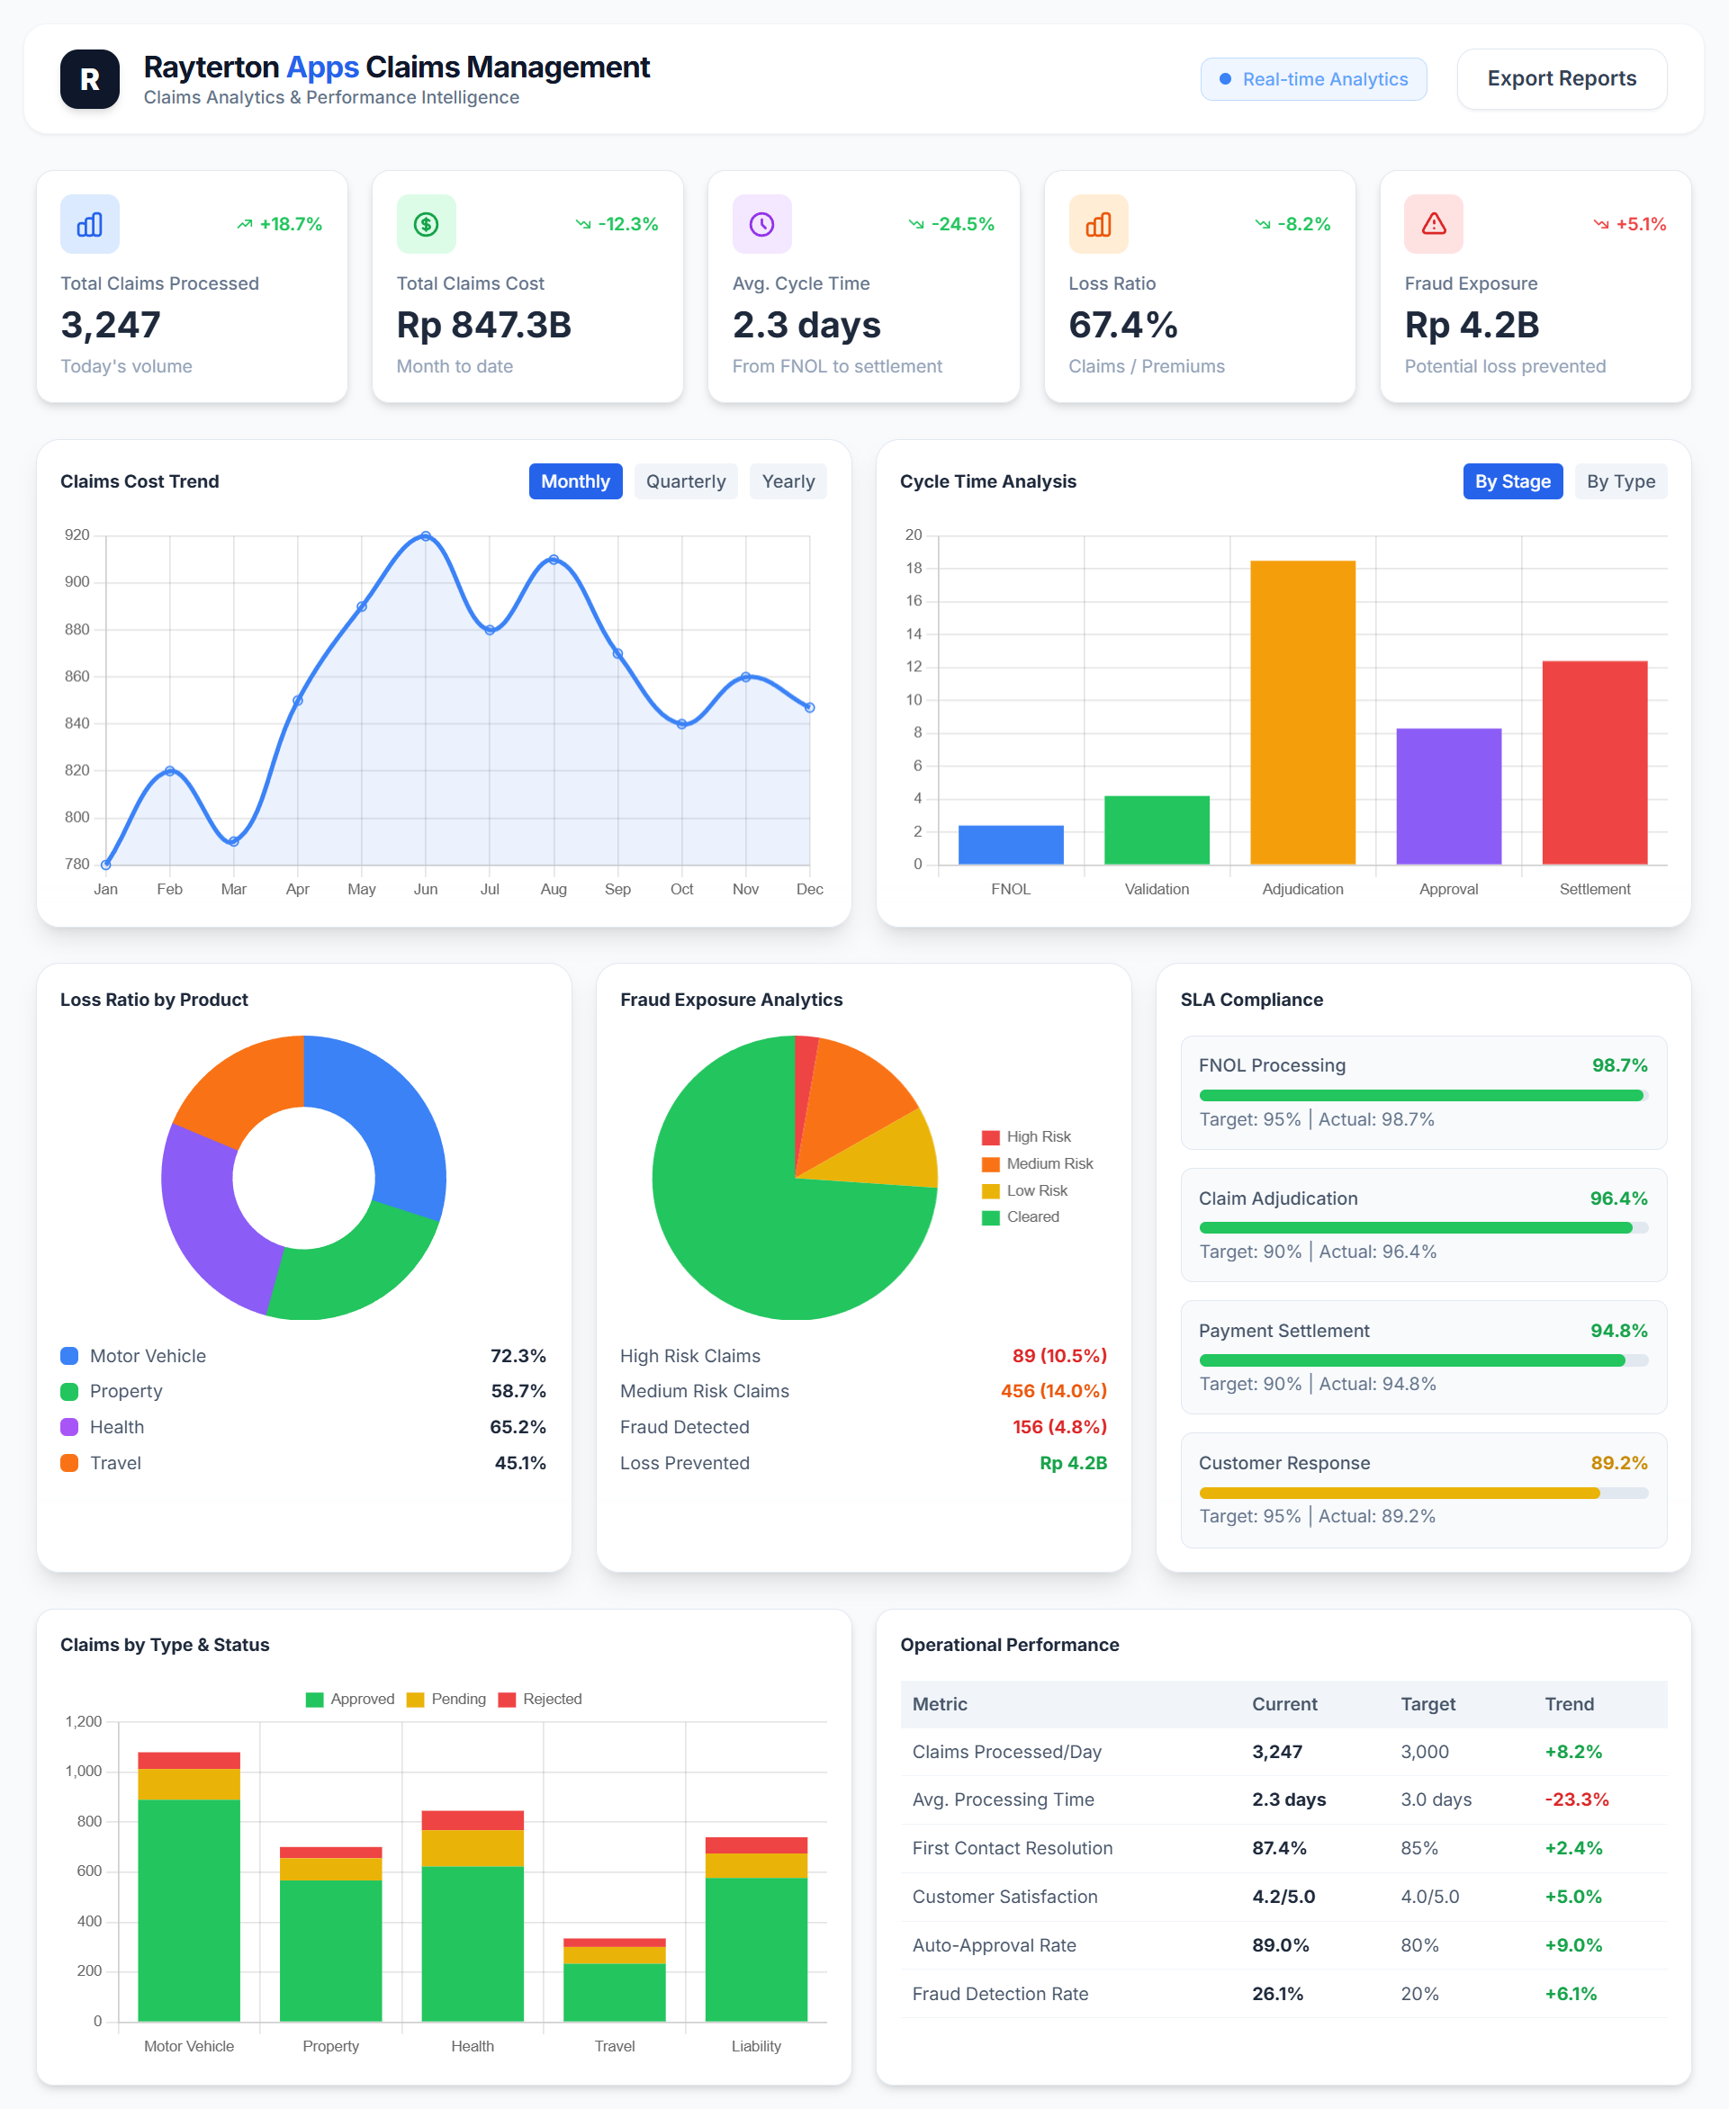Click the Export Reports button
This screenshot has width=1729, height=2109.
(1561, 78)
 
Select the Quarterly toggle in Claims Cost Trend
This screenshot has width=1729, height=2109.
(685, 481)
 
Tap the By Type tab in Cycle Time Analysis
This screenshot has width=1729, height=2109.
(1619, 481)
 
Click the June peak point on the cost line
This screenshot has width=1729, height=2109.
(426, 535)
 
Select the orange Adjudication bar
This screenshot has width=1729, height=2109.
(1301, 712)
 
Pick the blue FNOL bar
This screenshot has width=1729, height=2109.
(1010, 844)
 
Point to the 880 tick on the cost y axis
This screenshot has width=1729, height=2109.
(77, 629)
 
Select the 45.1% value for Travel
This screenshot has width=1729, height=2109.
(520, 1463)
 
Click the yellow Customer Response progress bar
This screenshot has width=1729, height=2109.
(1398, 1493)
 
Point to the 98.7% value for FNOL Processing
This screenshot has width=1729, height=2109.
(1618, 1065)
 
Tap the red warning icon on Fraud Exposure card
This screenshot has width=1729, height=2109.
(1432, 224)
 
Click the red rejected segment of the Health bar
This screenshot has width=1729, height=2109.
(473, 1820)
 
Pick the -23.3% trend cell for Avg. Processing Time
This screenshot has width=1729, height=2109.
(1576, 1799)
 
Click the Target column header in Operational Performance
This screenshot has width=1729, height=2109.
(1427, 1704)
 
